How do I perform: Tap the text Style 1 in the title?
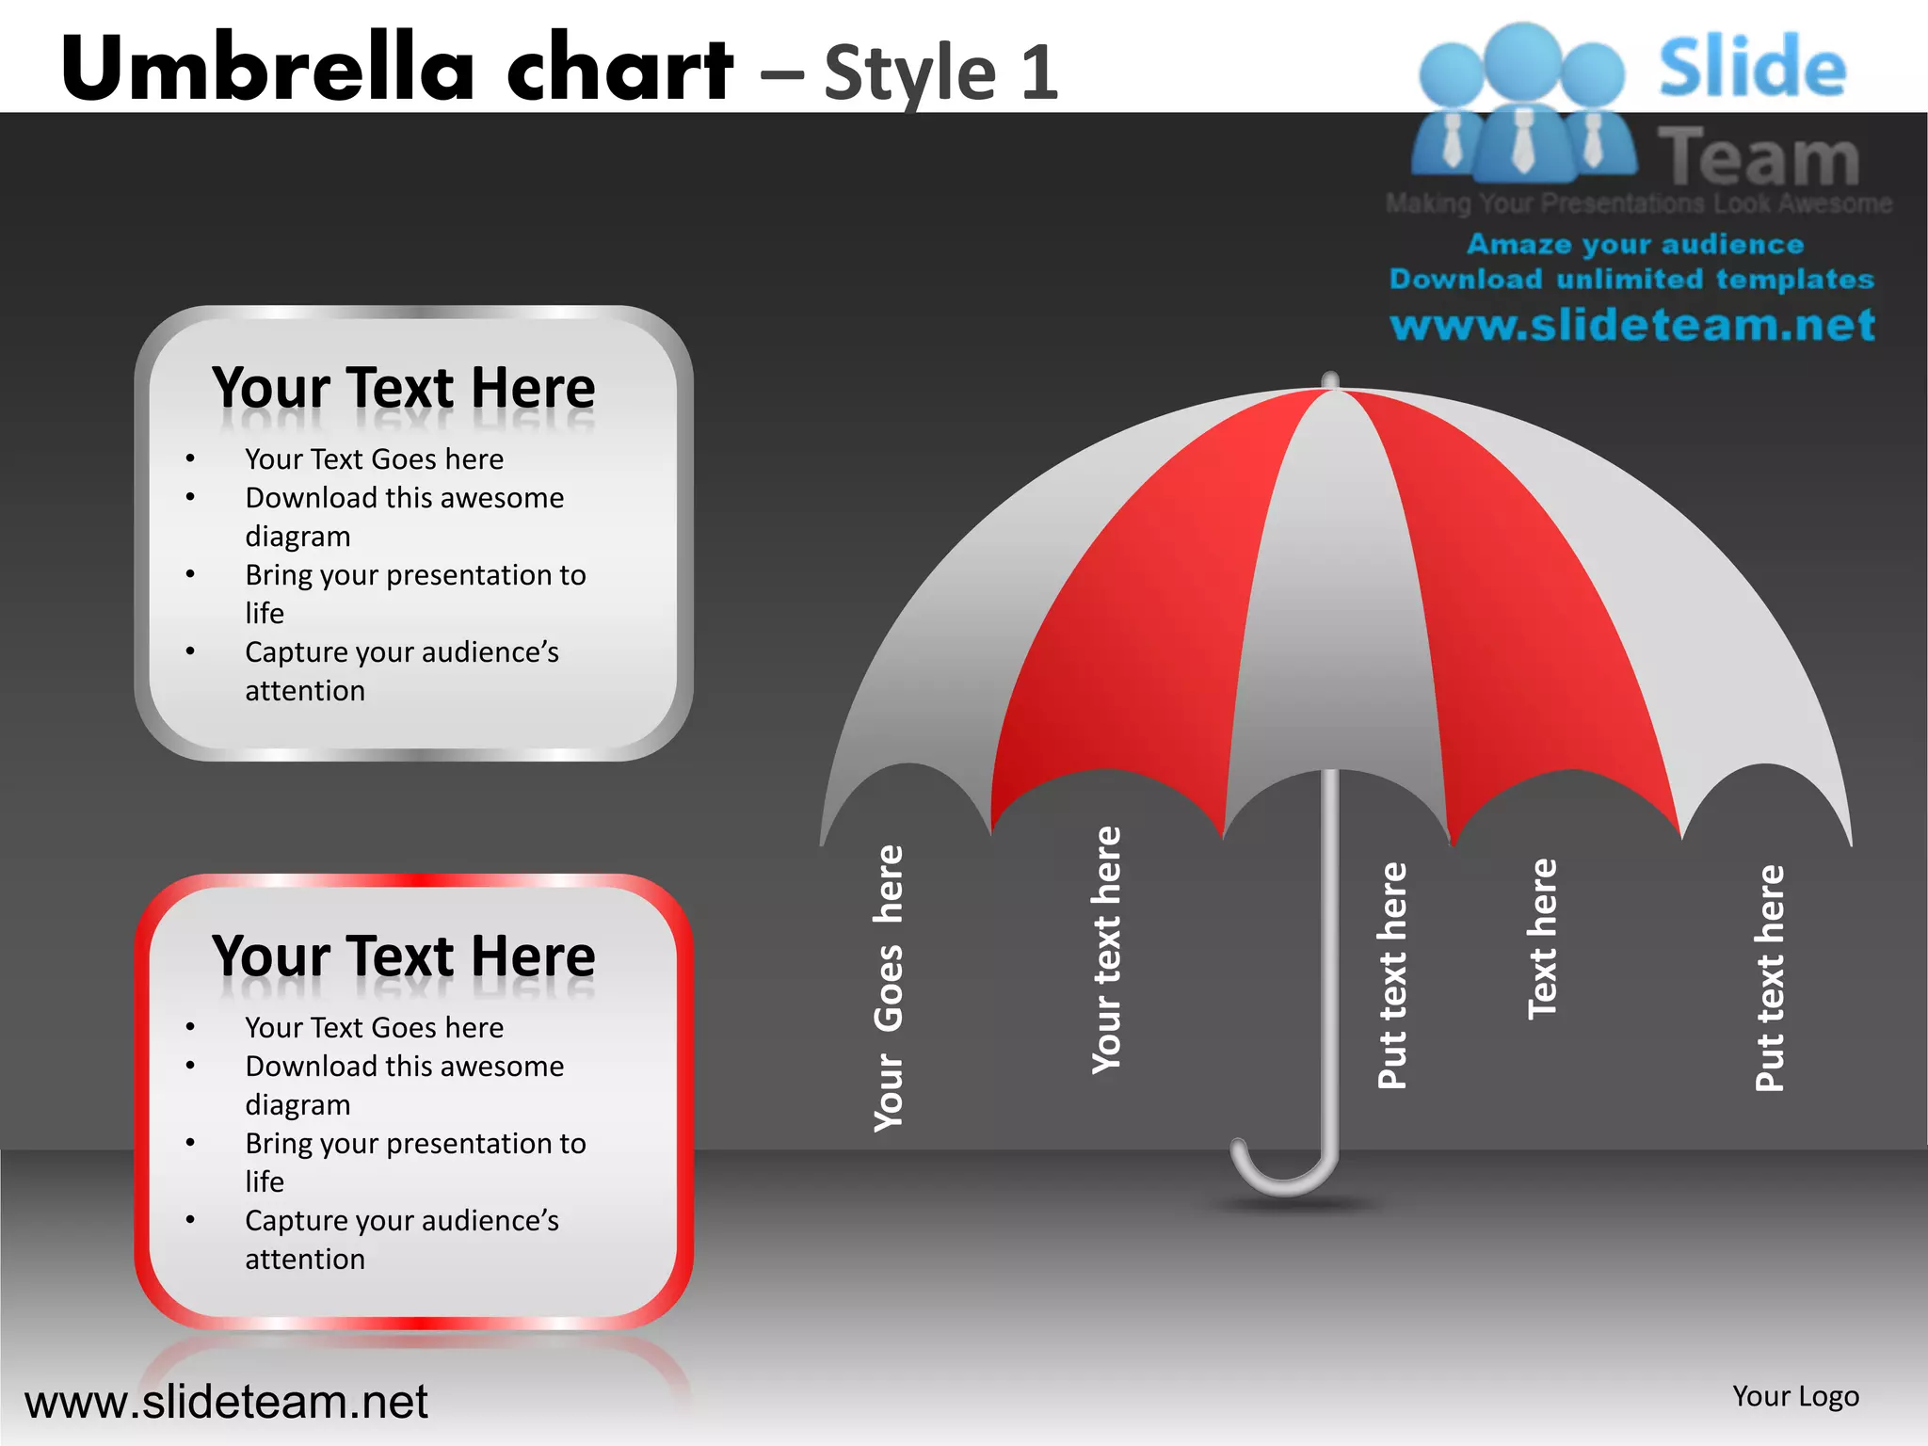941,73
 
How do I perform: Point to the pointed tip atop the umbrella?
1330,379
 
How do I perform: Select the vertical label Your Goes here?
889,988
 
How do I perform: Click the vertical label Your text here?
1107,951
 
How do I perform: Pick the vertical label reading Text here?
1542,940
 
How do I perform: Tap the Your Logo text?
1795,1396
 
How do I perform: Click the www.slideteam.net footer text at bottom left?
226,1402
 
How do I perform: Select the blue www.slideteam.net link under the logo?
1632,326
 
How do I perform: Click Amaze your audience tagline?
1635,245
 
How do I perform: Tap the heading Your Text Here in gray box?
403,388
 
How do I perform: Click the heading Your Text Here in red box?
403,956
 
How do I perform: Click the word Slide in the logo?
1752,68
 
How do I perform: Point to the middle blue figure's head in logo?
1522,58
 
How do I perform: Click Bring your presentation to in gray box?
415,575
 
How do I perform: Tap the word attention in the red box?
305,1260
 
